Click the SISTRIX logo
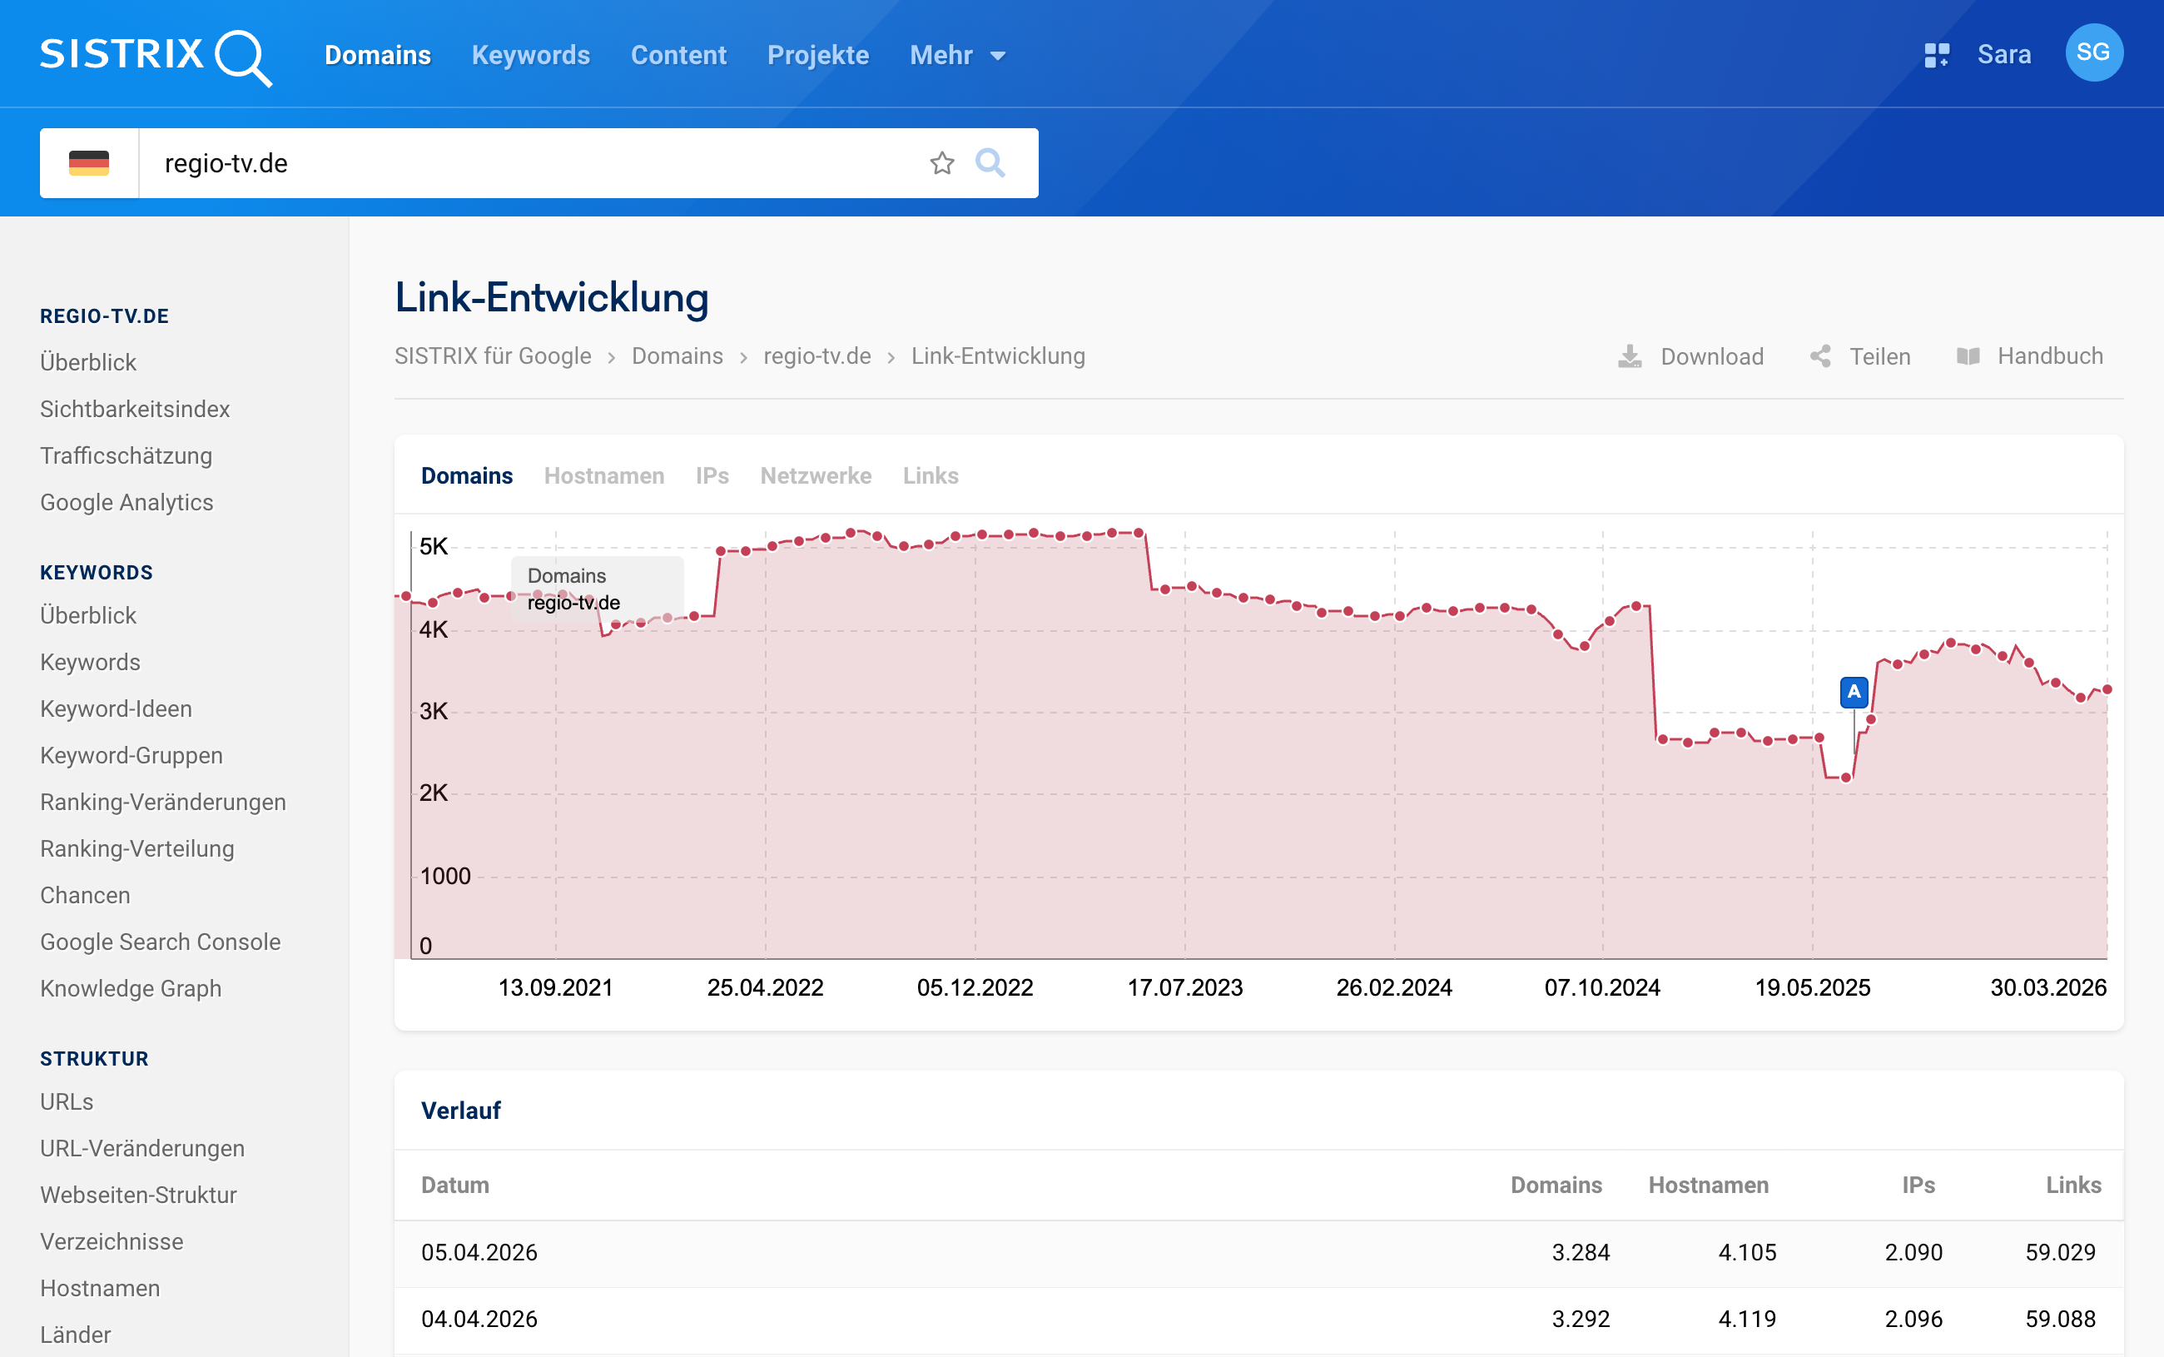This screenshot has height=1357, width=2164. point(155,56)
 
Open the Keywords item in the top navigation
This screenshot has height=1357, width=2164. point(530,56)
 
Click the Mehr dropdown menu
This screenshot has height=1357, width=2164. point(956,56)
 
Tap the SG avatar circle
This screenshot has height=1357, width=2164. point(2092,53)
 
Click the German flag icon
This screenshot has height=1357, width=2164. point(89,163)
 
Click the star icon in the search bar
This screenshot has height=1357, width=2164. point(941,163)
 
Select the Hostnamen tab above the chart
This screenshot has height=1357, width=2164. point(603,475)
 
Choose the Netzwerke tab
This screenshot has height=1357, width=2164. point(815,475)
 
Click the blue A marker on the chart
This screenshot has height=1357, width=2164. point(1854,692)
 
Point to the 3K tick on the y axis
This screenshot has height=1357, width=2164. point(434,712)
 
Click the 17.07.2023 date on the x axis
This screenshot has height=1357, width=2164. point(1184,987)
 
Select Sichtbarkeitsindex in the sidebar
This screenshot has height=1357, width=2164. point(135,410)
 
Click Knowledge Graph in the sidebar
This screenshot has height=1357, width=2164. point(130,988)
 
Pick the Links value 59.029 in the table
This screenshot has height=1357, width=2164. point(2060,1252)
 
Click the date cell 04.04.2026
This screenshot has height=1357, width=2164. point(479,1319)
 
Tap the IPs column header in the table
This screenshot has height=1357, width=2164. point(1918,1185)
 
